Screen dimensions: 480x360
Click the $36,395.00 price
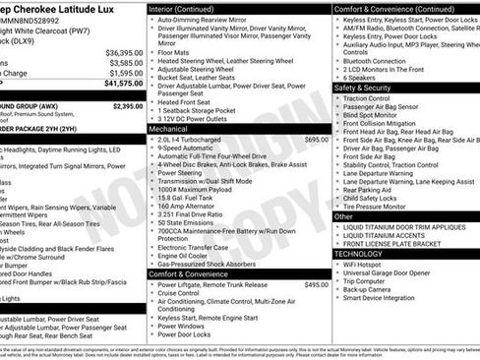124,52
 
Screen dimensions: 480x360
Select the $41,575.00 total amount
124,84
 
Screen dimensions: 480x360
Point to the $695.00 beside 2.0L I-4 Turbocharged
316,140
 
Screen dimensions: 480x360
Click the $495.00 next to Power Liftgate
316,284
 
